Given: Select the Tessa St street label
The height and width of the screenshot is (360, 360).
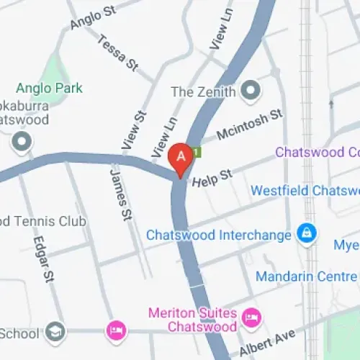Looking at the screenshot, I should (x=117, y=53).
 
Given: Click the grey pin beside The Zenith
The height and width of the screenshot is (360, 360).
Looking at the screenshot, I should (x=251, y=91).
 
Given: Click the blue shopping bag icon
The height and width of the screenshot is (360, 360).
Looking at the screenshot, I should (x=307, y=235).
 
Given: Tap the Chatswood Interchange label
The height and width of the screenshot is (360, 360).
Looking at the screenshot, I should (x=218, y=235).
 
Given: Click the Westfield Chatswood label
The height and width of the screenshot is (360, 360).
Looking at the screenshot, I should (x=305, y=191).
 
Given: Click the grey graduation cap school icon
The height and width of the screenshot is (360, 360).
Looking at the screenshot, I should (x=55, y=332).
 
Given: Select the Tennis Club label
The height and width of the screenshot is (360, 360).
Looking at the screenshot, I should (x=42, y=221).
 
